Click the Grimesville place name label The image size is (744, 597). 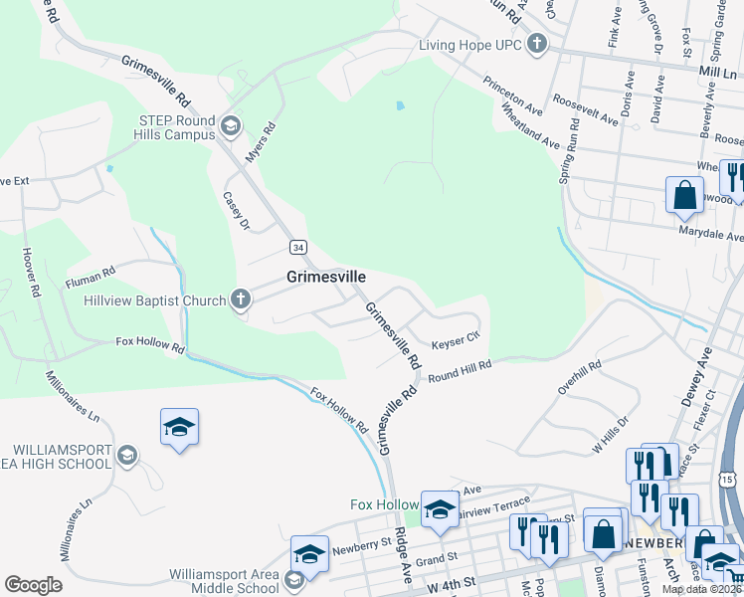[326, 277]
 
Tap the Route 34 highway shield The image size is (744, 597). [298, 246]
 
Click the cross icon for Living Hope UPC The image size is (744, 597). [537, 43]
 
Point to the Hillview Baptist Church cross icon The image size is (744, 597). [240, 298]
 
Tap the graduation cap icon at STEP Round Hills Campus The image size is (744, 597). [231, 124]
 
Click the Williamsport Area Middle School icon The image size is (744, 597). [294, 579]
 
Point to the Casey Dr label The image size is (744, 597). [236, 211]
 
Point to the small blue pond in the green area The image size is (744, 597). [399, 104]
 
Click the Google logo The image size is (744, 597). [33, 585]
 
